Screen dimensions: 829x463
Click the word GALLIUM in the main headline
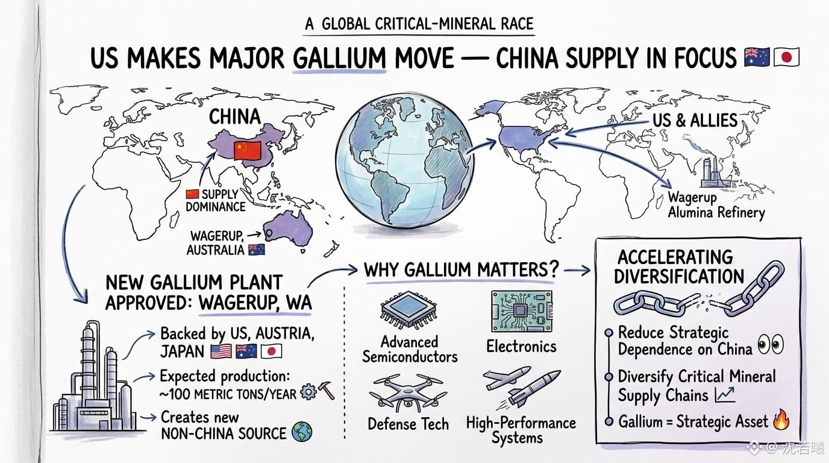coord(339,58)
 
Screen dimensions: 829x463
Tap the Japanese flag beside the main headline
coord(786,57)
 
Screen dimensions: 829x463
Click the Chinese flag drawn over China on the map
coord(248,150)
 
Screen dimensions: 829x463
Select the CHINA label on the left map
coord(234,117)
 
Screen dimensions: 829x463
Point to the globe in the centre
coord(404,160)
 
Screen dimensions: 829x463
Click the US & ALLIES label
coord(695,121)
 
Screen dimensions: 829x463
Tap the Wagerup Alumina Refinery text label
coord(716,205)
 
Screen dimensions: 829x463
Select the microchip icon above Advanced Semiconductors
coord(408,310)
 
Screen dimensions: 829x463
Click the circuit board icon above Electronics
coord(522,311)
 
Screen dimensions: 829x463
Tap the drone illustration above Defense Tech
coord(408,392)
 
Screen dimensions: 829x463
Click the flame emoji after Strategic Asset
coord(781,420)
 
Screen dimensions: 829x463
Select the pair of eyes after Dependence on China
coord(771,344)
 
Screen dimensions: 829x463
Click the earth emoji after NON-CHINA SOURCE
coord(302,432)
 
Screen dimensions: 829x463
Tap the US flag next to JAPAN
coord(221,351)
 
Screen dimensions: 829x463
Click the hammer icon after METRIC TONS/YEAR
coord(326,391)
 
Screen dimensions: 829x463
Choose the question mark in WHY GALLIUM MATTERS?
coord(554,269)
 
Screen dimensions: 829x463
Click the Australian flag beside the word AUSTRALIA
coord(257,250)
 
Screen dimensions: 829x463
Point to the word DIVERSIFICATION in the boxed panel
coord(679,276)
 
